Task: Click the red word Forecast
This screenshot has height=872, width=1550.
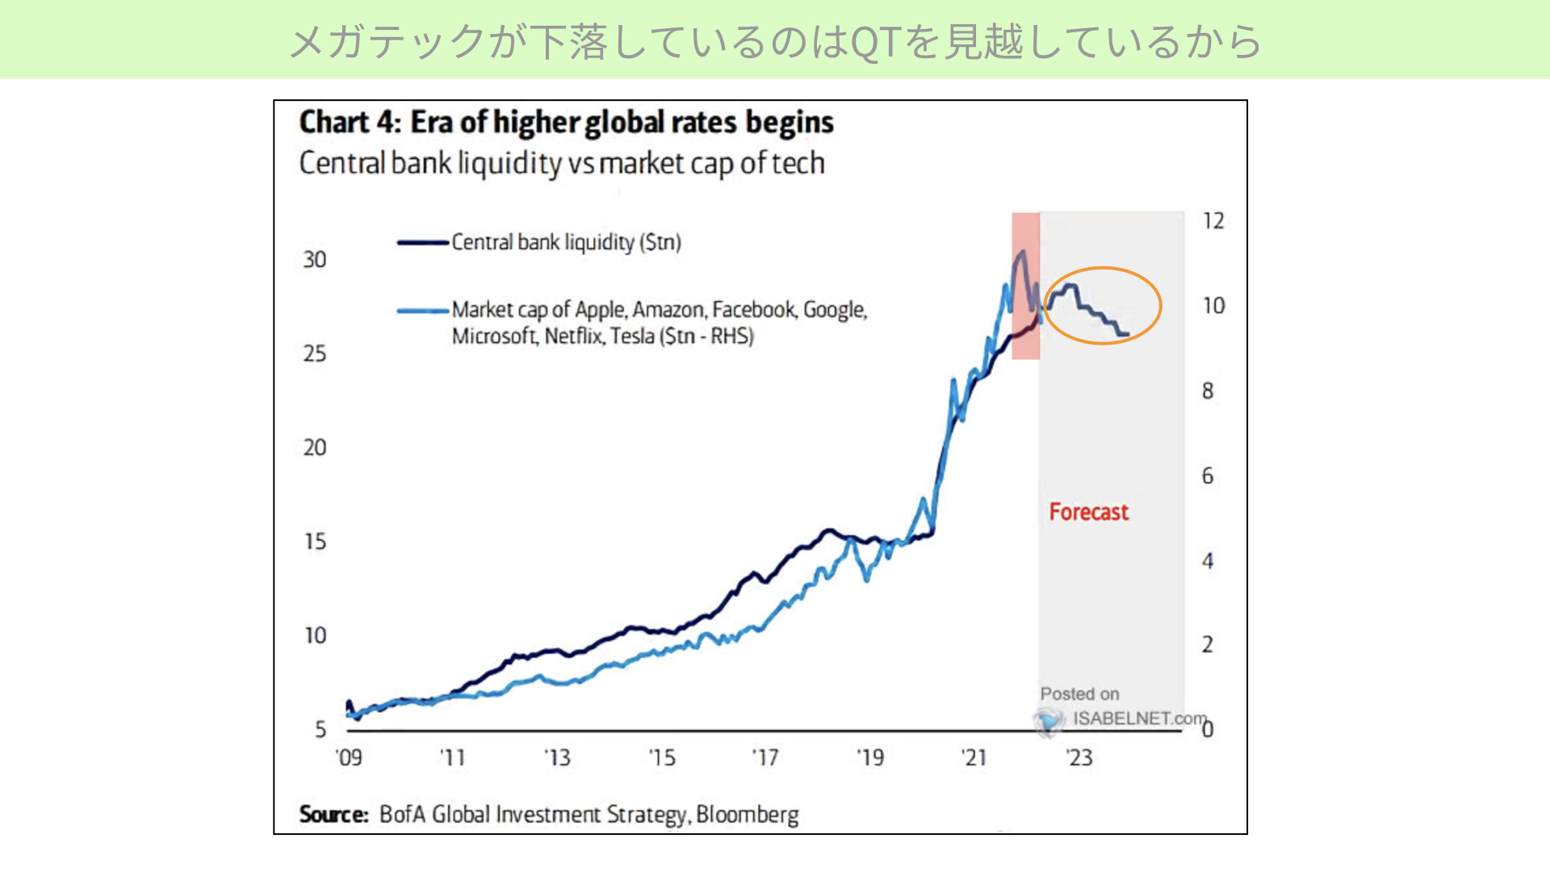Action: click(1088, 512)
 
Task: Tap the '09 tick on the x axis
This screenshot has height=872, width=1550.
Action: click(349, 757)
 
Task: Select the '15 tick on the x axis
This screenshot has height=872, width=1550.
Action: click(662, 757)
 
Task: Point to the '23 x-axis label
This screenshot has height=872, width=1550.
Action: click(1079, 757)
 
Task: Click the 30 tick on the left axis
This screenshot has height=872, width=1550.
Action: click(315, 259)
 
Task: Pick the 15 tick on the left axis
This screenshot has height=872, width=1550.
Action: click(315, 541)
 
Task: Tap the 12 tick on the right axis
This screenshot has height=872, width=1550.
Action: click(1213, 220)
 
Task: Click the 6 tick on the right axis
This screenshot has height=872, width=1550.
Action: click(1208, 476)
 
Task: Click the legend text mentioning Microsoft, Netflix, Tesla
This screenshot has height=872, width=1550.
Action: click(602, 336)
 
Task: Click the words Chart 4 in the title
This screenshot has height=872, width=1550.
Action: click(349, 122)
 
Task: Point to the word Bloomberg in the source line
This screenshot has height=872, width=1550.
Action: click(747, 815)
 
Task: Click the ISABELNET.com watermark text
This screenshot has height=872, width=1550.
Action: click(1139, 719)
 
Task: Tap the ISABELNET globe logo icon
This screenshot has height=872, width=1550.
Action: click(1049, 720)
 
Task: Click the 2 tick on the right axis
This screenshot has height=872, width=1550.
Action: click(1208, 644)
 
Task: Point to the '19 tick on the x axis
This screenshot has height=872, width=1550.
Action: click(870, 757)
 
